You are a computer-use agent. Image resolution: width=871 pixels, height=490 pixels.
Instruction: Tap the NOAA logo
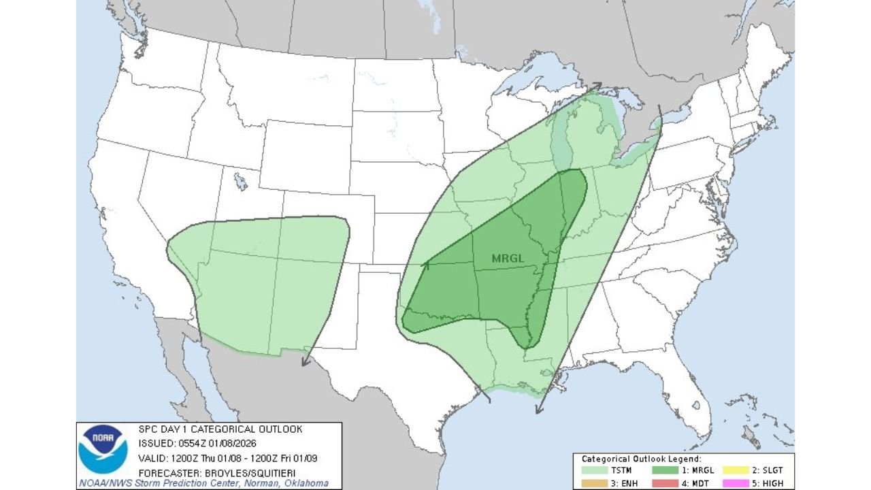pos(103,448)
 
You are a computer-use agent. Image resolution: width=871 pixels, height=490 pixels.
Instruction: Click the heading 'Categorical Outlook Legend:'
pos(641,459)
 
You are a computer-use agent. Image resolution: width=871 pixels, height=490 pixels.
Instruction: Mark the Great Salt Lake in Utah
pos(240,181)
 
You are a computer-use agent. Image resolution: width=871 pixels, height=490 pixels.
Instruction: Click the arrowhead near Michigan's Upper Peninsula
pos(597,86)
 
